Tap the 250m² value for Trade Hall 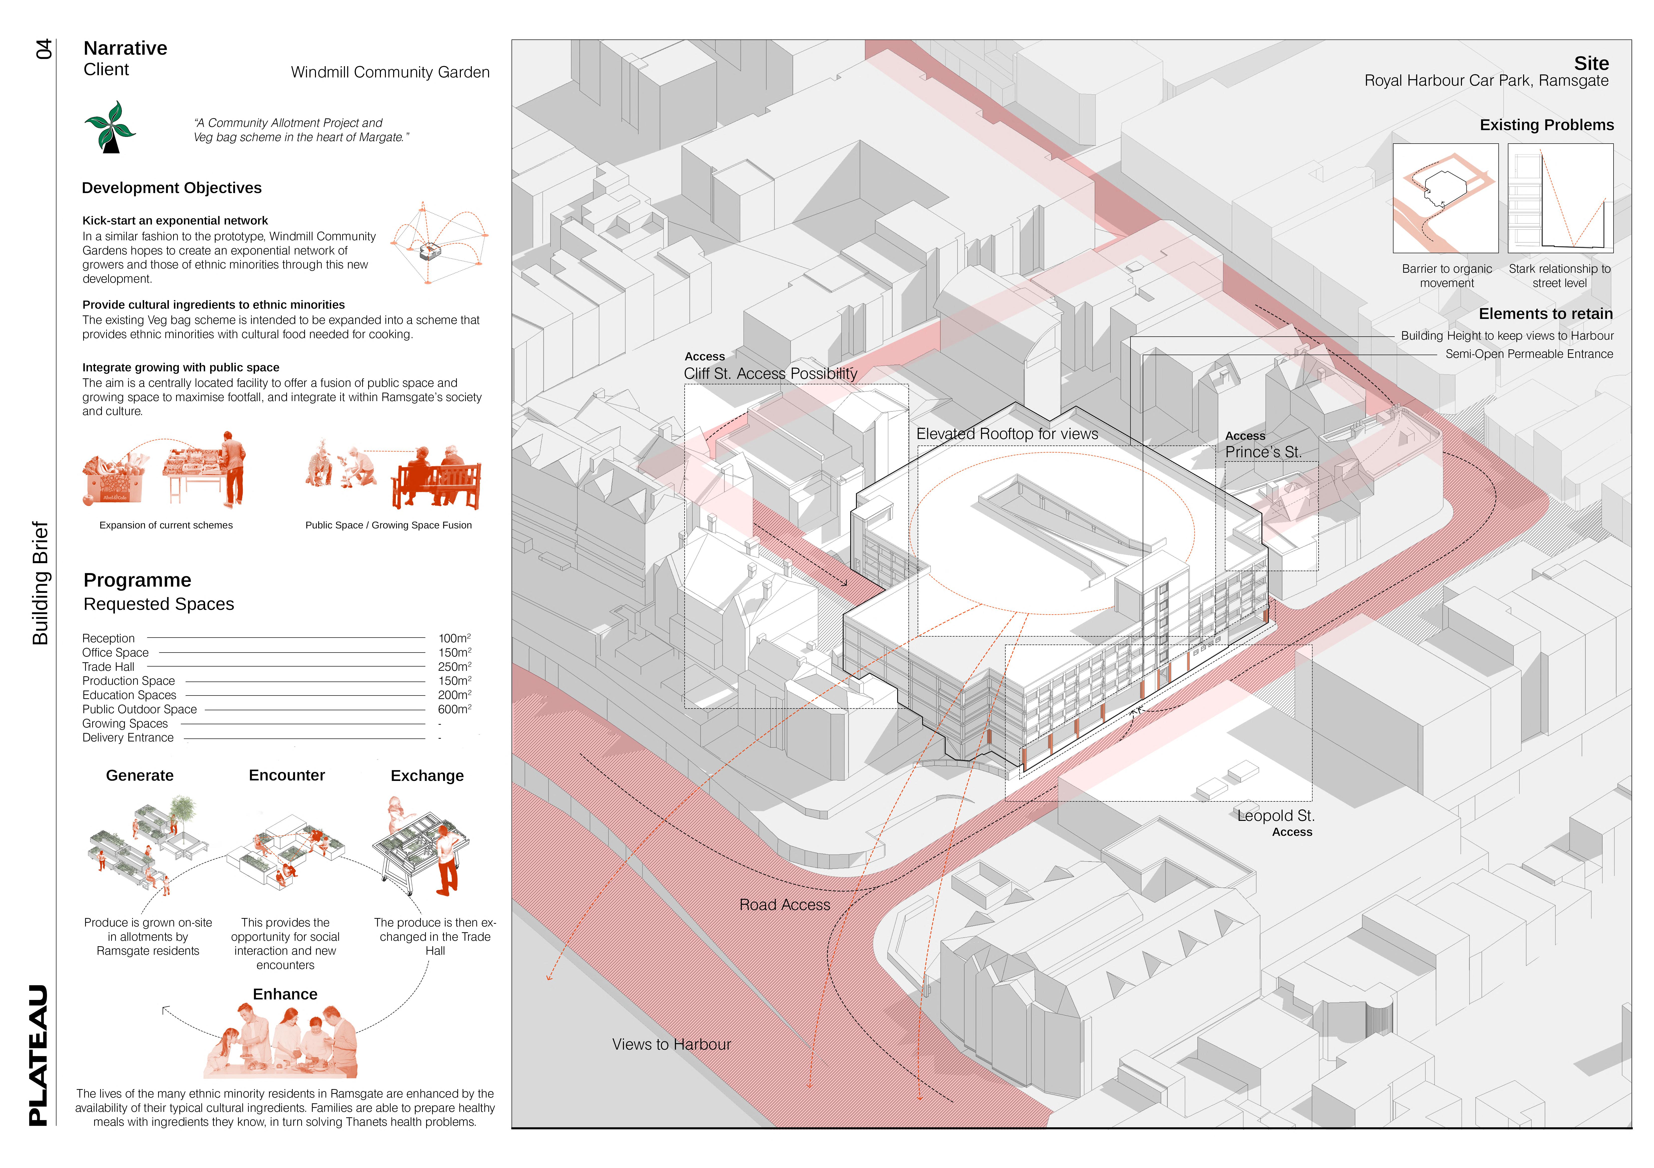(454, 667)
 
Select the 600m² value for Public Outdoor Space (454, 709)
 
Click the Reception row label (108, 639)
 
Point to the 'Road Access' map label (785, 905)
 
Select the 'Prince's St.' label (1263, 452)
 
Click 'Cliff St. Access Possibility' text (770, 374)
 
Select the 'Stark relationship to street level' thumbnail (1560, 198)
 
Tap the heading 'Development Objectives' (171, 188)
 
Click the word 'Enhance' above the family (285, 994)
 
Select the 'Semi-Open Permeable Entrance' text (1529, 354)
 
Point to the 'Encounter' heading (287, 776)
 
